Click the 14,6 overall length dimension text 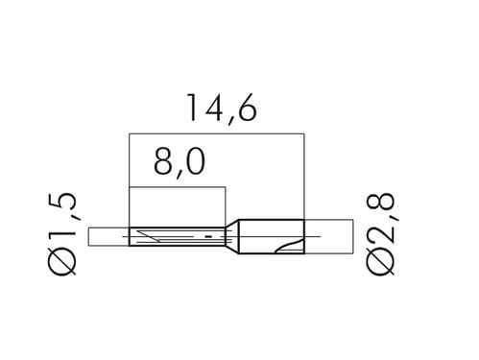click(222, 108)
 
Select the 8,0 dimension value click(180, 162)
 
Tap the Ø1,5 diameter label click(62, 234)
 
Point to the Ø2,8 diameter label click(380, 234)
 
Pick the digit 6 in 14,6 click(248, 108)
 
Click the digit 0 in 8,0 click(195, 162)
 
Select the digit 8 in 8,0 click(163, 162)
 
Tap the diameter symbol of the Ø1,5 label click(62, 261)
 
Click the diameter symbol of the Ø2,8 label click(380, 261)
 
